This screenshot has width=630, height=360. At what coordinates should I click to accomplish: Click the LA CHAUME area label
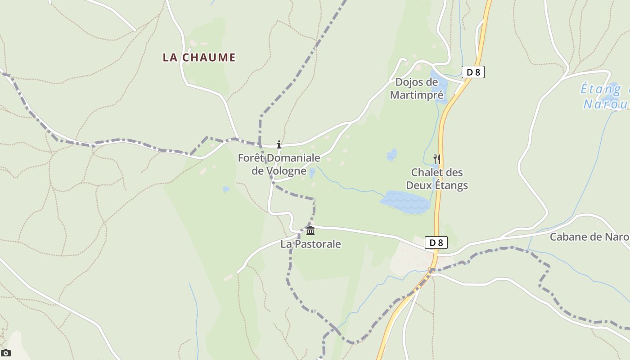[x=199, y=57]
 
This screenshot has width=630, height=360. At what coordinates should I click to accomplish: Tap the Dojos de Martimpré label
[x=417, y=89]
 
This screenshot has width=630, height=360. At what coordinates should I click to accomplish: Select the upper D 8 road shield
[x=473, y=72]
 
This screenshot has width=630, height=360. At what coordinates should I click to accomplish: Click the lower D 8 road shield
[x=436, y=243]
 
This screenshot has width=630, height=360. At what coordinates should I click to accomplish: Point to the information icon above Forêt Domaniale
[x=279, y=144]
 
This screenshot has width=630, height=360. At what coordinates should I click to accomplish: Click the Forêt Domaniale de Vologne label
[x=279, y=164]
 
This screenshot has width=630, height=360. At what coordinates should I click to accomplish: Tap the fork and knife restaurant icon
[x=436, y=159]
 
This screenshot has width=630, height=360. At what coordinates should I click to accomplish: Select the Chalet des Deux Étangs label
[x=437, y=179]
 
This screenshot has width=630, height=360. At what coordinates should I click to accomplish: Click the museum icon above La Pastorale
[x=310, y=231]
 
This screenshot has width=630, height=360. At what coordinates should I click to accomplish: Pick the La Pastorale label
[x=310, y=244]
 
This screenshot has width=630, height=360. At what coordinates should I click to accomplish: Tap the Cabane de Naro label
[x=589, y=237]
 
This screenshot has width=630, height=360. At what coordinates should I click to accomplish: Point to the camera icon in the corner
[x=5, y=353]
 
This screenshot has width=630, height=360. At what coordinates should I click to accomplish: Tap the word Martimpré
[x=417, y=95]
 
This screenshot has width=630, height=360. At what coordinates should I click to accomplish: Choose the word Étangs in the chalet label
[x=450, y=185]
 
